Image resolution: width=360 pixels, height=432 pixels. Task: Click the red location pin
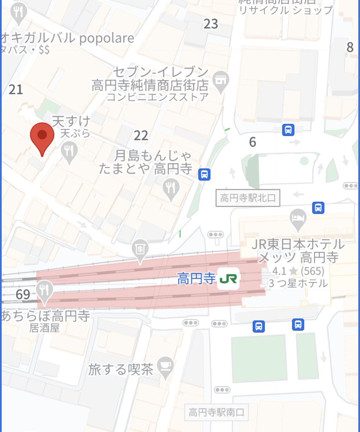click(x=42, y=136)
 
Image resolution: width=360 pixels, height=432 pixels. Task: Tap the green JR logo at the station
click(x=228, y=279)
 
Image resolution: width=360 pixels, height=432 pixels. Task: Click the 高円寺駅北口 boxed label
click(x=247, y=198)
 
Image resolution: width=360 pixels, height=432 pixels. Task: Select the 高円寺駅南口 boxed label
click(x=217, y=412)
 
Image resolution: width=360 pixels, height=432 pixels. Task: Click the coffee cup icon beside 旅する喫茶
click(x=166, y=365)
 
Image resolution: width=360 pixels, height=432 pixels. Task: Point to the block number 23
click(x=211, y=24)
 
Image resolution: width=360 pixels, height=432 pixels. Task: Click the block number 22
click(x=141, y=135)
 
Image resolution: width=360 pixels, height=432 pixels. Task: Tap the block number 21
click(x=16, y=89)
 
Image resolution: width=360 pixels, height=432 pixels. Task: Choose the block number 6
click(x=252, y=142)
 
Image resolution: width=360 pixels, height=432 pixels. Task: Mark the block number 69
click(x=23, y=294)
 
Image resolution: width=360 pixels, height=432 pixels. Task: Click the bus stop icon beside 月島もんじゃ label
click(x=204, y=175)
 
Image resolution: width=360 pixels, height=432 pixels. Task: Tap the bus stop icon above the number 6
click(x=288, y=130)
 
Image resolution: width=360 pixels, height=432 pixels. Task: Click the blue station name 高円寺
click(x=196, y=279)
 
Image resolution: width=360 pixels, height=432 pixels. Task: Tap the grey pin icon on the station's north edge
click(x=140, y=249)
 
